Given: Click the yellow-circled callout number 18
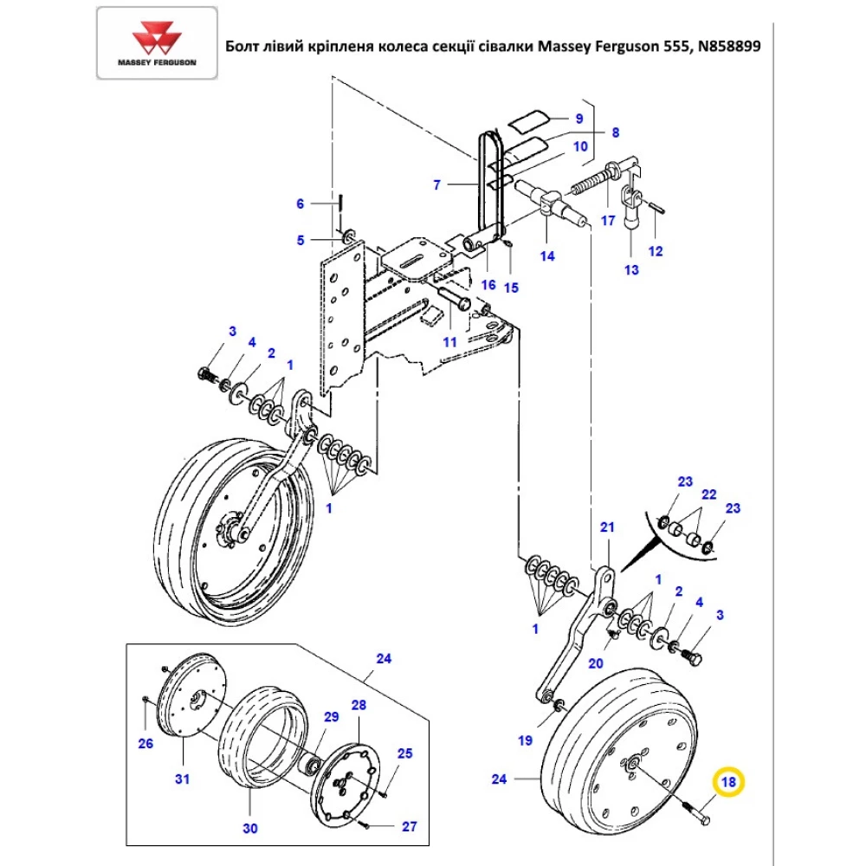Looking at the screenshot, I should click(727, 783).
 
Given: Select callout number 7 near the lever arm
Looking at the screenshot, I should click(437, 184).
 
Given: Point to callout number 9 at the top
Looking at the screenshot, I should click(579, 118).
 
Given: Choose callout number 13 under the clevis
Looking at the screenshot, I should click(631, 270).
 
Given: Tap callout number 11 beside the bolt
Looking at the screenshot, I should click(449, 342).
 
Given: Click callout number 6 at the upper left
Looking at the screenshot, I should click(301, 204).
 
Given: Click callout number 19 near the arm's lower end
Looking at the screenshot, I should click(526, 740).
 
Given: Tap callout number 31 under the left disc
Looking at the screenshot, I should click(182, 779).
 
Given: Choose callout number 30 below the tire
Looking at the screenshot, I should click(249, 829).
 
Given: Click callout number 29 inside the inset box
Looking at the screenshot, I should click(331, 717).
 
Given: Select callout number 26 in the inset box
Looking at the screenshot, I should click(145, 742).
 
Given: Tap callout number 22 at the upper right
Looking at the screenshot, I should click(709, 494).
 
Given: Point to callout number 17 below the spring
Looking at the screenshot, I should click(608, 221).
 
